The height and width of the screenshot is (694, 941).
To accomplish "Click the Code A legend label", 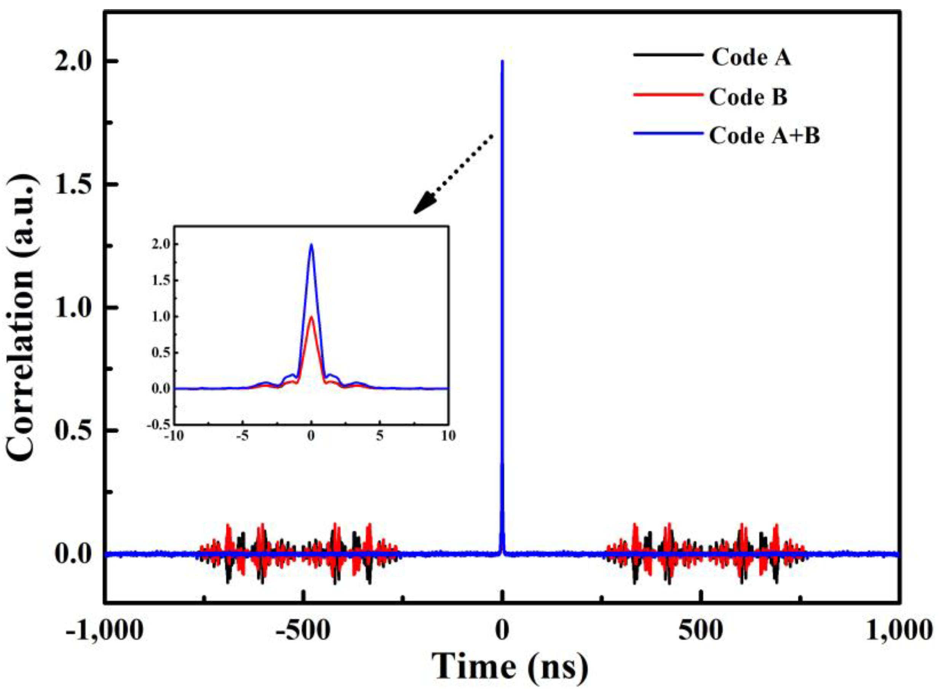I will (751, 58).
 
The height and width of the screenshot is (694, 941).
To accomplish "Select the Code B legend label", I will (748, 97).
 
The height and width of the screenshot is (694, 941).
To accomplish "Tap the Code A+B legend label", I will (764, 136).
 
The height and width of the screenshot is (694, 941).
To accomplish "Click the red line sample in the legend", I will (668, 95).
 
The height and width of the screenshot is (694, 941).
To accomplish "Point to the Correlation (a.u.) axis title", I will (21, 318).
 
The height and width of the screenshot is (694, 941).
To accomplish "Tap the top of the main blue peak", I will (502, 62).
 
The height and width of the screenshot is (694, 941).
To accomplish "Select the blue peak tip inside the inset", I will (311, 245).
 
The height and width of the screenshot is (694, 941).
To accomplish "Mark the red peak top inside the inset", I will (311, 317).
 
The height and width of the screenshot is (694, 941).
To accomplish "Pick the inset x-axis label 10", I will (449, 436).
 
